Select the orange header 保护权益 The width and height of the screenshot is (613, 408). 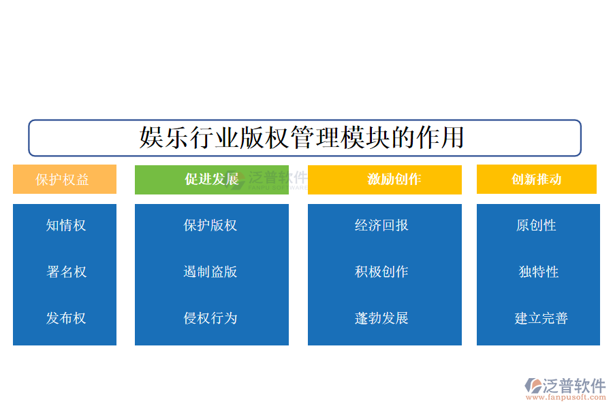pyautogui.click(x=63, y=180)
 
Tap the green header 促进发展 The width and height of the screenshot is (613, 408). pyautogui.click(x=212, y=180)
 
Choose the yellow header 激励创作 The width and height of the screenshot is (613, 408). pyautogui.click(x=394, y=180)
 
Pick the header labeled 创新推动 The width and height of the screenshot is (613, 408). pyautogui.click(x=536, y=180)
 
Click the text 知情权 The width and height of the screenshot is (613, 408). pyautogui.click(x=66, y=225)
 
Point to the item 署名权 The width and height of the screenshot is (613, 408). pyautogui.click(x=66, y=272)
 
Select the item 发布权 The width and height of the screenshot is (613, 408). pyautogui.click(x=66, y=318)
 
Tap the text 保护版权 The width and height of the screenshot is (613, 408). pyautogui.click(x=210, y=225)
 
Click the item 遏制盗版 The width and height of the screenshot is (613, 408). pyautogui.click(x=210, y=272)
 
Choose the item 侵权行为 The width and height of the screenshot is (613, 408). pyautogui.click(x=210, y=318)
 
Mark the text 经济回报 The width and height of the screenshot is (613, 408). pyautogui.click(x=381, y=225)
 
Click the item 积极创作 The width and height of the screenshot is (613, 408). pyautogui.click(x=381, y=272)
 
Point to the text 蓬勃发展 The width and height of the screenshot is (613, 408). pyautogui.click(x=381, y=318)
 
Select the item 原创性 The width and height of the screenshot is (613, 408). pyautogui.click(x=537, y=225)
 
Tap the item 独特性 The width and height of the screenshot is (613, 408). pyautogui.click(x=538, y=272)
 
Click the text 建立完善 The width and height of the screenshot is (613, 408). pyautogui.click(x=541, y=318)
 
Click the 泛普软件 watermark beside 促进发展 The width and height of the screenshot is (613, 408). pyautogui.click(x=277, y=178)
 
